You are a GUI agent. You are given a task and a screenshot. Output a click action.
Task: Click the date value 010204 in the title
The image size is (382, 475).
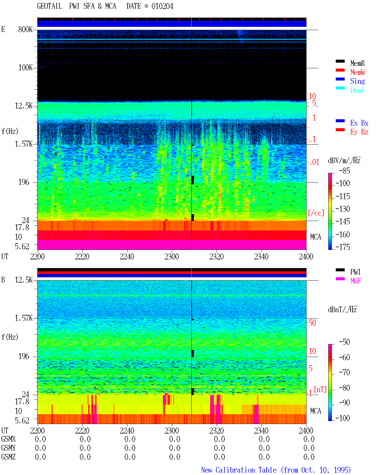(162, 6)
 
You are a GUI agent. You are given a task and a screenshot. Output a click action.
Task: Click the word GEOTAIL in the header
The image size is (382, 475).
(50, 6)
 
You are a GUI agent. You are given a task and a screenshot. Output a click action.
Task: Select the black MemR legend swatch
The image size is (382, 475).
(340, 61)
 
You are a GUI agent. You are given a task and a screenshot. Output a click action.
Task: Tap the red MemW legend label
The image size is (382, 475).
(358, 72)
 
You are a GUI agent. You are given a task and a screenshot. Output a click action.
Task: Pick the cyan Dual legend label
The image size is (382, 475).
(357, 90)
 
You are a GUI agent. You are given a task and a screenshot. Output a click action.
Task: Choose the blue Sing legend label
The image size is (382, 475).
(358, 81)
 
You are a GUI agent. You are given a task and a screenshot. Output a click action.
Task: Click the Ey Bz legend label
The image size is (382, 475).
(359, 132)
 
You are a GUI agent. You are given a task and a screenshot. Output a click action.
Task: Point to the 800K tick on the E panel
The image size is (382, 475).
(25, 29)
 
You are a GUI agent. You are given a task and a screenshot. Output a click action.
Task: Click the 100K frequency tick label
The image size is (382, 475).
(25, 68)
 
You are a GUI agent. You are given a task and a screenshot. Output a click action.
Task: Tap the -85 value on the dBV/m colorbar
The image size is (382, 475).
(344, 171)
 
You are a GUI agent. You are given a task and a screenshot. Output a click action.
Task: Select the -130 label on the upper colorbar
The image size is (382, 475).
(343, 209)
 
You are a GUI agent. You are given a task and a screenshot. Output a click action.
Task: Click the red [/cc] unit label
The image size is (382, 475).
(316, 213)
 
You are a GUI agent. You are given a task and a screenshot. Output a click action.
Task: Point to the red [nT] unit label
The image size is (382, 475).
(320, 389)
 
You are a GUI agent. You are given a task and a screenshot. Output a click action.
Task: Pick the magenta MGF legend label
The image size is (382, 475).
(355, 281)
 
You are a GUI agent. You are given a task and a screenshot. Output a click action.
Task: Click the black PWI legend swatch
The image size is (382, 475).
(340, 270)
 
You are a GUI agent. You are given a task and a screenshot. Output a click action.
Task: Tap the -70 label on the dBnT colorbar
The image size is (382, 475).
(344, 372)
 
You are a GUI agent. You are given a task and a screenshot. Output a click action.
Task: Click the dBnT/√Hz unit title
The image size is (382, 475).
(342, 310)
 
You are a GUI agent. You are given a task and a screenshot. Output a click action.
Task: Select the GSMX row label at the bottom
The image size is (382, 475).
(8, 439)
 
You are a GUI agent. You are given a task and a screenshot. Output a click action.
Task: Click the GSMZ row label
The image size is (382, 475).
(8, 457)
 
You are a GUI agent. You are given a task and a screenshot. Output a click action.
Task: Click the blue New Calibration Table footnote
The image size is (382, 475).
(276, 470)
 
